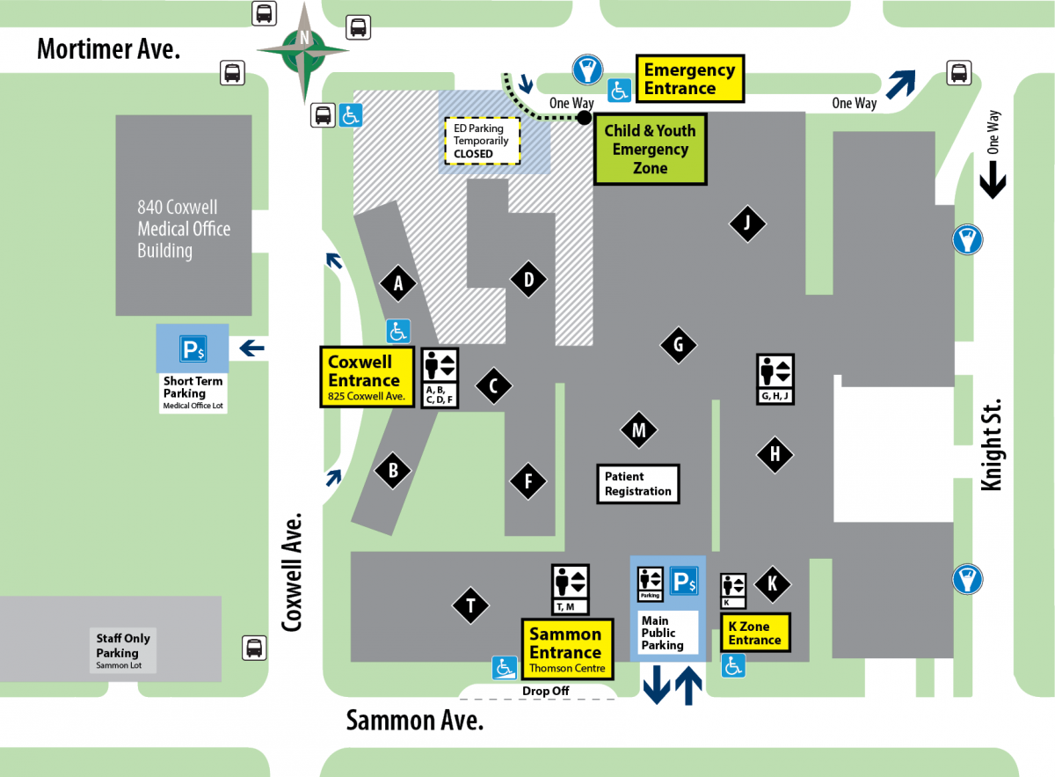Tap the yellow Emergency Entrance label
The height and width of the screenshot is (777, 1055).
(689, 79)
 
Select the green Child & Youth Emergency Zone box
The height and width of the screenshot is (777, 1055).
(650, 150)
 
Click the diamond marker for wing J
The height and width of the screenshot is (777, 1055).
(747, 224)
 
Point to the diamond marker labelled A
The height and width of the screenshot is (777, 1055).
(398, 283)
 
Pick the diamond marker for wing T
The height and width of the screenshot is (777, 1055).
(471, 605)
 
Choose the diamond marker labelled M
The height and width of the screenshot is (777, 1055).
(639, 430)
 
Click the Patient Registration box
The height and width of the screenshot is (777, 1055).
(638, 484)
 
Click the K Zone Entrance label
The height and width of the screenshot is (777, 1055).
(754, 634)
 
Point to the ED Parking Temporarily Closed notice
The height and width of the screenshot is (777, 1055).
(481, 141)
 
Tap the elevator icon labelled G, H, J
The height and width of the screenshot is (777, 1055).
(775, 378)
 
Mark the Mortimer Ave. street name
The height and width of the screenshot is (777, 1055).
(108, 48)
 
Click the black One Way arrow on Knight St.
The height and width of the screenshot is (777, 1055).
(993, 183)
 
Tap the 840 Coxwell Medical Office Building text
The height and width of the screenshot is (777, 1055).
(184, 229)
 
